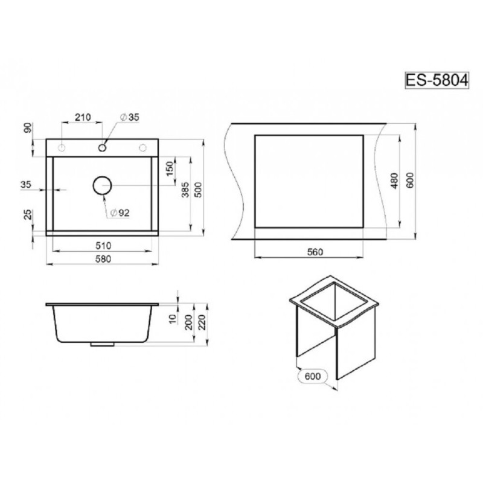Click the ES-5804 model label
coord(437,80)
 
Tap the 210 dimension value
coord(83,117)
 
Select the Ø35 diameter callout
coord(129,117)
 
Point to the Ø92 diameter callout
coord(120,213)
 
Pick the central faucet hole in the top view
coord(102,148)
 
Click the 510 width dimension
coord(103,246)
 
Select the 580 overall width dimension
coord(103,259)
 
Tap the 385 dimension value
coord(185,190)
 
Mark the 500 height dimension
coord(199,190)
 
